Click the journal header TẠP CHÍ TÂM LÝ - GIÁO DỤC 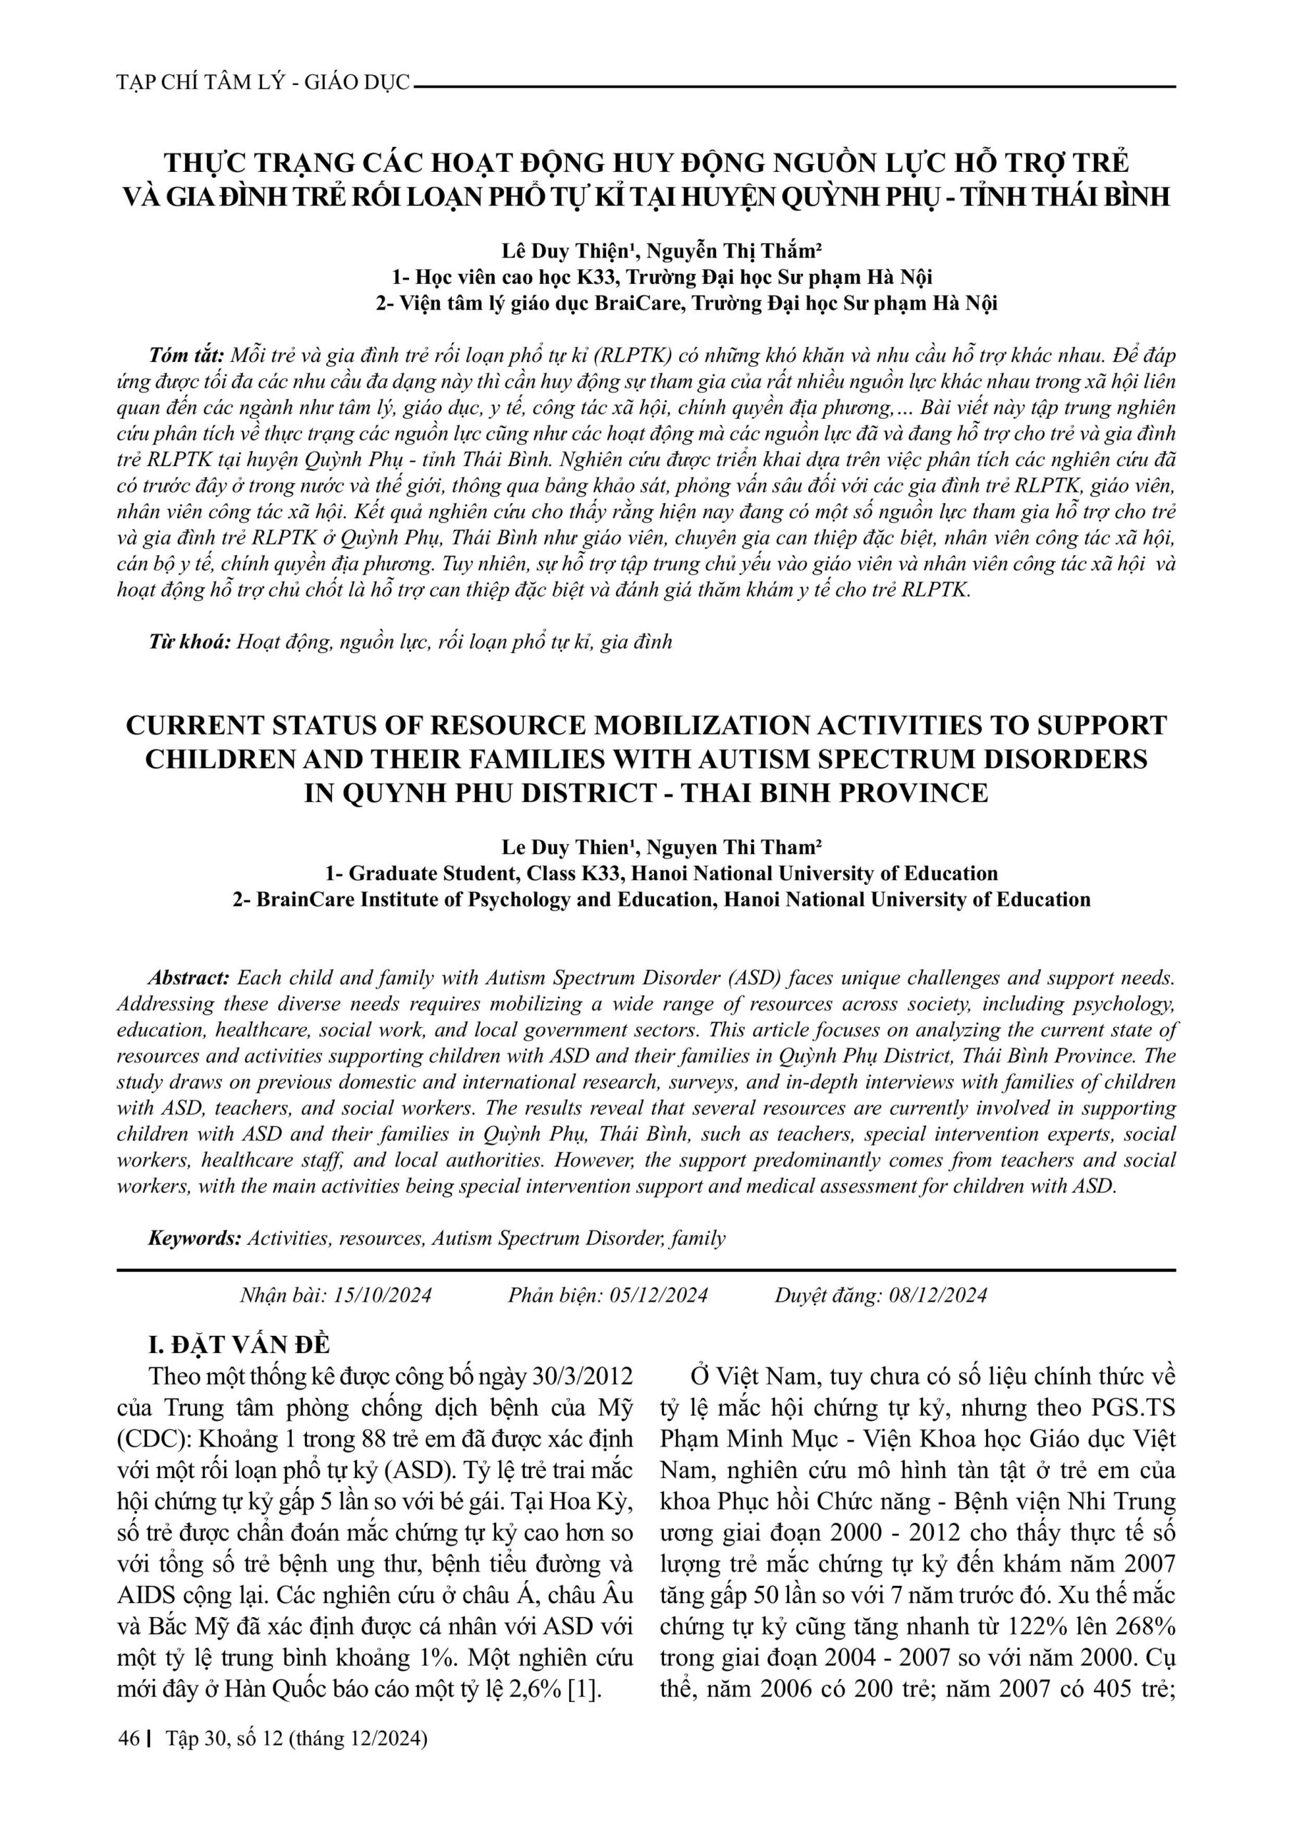coord(263,83)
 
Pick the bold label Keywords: coord(194,1238)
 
